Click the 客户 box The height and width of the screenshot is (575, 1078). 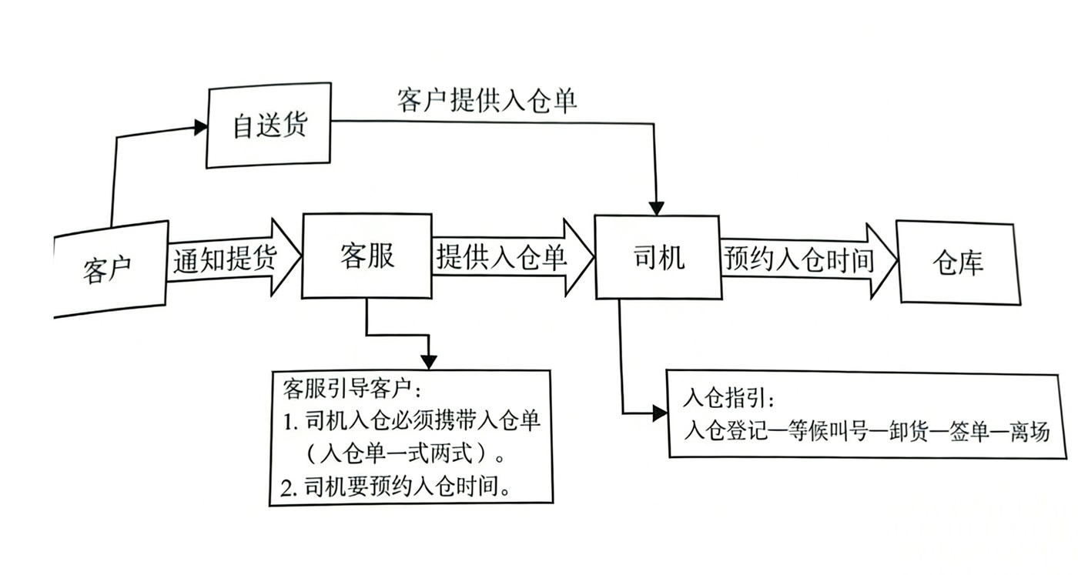108,269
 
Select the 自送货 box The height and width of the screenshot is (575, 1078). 269,125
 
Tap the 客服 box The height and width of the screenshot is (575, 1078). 367,256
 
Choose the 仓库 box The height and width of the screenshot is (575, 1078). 958,262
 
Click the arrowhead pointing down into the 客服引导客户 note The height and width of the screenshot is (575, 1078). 429,362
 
